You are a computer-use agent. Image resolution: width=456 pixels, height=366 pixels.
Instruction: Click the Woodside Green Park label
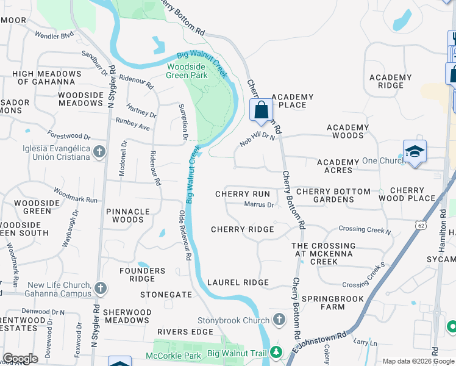[187, 71]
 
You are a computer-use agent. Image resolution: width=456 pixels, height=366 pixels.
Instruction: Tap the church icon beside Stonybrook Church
[279, 320]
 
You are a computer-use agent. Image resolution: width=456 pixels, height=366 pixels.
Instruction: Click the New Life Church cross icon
[101, 287]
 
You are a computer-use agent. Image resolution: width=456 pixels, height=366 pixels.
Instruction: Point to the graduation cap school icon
[415, 151]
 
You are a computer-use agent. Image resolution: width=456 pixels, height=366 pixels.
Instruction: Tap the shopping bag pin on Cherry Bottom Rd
[262, 111]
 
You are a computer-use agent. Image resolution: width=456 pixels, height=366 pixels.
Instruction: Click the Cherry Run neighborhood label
[243, 194]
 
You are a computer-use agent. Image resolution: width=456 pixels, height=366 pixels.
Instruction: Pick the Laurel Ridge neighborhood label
[238, 282]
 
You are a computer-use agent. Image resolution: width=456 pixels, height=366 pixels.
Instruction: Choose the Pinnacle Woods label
[128, 215]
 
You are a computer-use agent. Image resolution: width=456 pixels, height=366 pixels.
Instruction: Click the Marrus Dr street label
[258, 205]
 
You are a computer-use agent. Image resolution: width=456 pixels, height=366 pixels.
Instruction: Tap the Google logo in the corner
[21, 359]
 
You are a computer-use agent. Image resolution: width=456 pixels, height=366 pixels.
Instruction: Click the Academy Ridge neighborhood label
[391, 81]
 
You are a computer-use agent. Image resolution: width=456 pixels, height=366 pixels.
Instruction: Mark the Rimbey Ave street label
[132, 127]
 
